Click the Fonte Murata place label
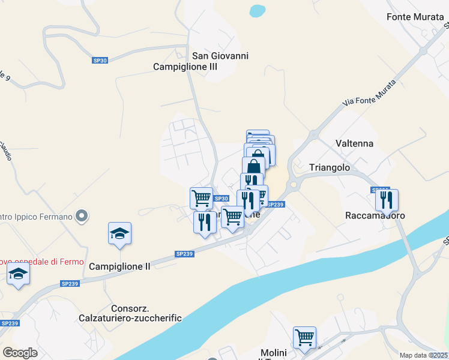click(x=415, y=17)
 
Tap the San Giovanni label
click(x=220, y=56)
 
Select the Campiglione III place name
click(x=185, y=67)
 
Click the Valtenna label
click(x=354, y=143)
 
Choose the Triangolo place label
click(x=330, y=168)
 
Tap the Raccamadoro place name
click(x=375, y=215)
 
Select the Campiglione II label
click(x=119, y=266)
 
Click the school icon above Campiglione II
click(x=119, y=233)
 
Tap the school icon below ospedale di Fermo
click(x=19, y=274)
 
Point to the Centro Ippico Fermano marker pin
click(x=83, y=215)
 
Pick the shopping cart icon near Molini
click(x=304, y=337)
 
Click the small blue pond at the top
click(x=258, y=11)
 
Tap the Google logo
click(x=20, y=353)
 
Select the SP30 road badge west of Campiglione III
click(x=100, y=60)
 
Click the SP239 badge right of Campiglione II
click(x=184, y=254)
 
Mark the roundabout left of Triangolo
click(x=294, y=184)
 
